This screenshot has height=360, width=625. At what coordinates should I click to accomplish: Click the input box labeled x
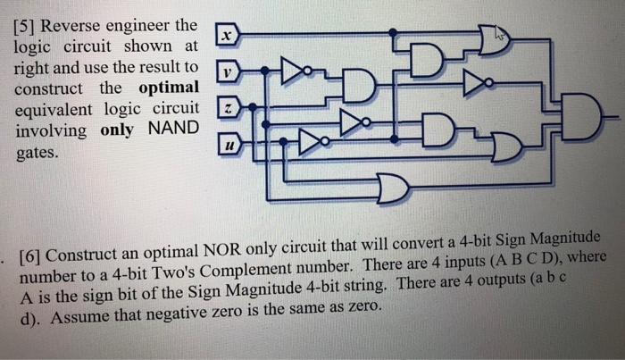pyautogui.click(x=228, y=35)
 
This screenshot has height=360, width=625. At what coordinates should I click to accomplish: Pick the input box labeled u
pyautogui.click(x=229, y=143)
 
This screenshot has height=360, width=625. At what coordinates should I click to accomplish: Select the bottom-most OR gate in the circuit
pyautogui.click(x=389, y=188)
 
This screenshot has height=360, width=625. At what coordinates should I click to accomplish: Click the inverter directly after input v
pyautogui.click(x=292, y=71)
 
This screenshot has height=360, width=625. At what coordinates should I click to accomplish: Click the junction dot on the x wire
pyautogui.click(x=394, y=35)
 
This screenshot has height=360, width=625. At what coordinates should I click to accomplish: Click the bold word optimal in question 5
pyautogui.click(x=170, y=88)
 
